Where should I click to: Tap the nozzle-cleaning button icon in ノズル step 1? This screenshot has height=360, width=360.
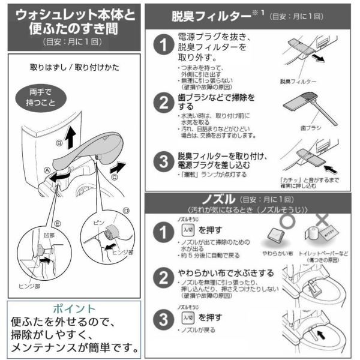(186, 230)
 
